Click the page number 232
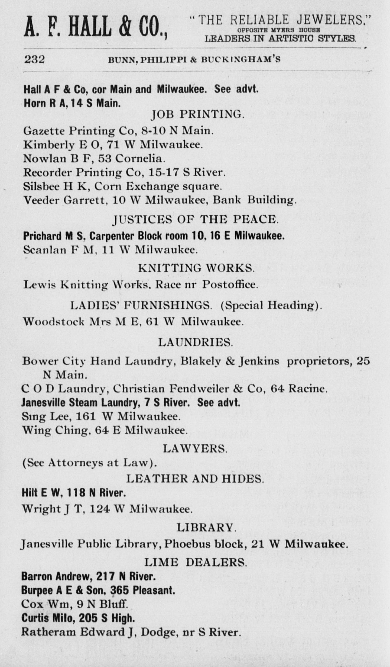34,59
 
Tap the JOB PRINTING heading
197,114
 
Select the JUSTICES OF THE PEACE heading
195,219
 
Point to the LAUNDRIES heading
195,343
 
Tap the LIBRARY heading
206,527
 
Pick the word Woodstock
54,322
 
